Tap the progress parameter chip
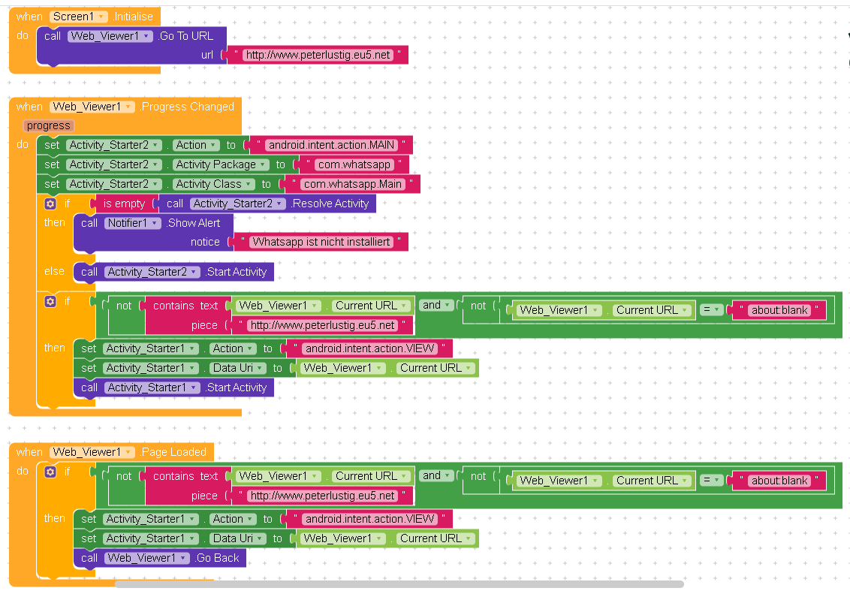(49, 125)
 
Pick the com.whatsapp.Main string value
(352, 184)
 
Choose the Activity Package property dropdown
(221, 164)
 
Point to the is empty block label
(124, 204)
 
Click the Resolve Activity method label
(330, 204)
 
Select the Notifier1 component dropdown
(133, 223)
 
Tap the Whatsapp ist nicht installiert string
(321, 242)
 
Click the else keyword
(54, 271)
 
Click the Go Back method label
(217, 558)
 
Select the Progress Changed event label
(188, 107)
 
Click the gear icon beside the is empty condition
(50, 204)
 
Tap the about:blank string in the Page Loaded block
(779, 481)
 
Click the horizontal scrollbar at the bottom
(398, 583)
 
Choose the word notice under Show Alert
(205, 242)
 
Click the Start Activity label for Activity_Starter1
(237, 387)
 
